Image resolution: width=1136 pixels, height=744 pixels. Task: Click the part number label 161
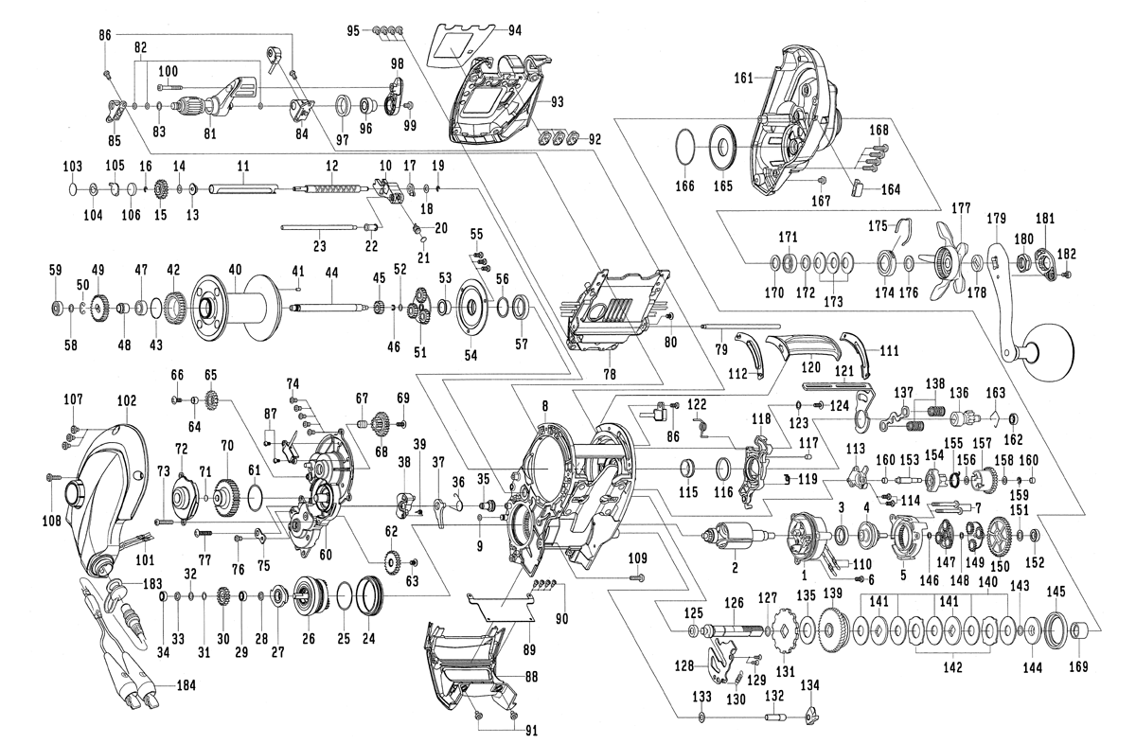tap(742, 80)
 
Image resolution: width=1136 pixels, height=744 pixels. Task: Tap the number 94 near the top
tap(515, 29)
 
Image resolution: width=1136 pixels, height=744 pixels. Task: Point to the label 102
tap(126, 400)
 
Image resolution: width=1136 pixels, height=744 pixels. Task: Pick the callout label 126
tap(734, 602)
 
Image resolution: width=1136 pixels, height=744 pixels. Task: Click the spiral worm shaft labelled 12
tap(331, 188)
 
